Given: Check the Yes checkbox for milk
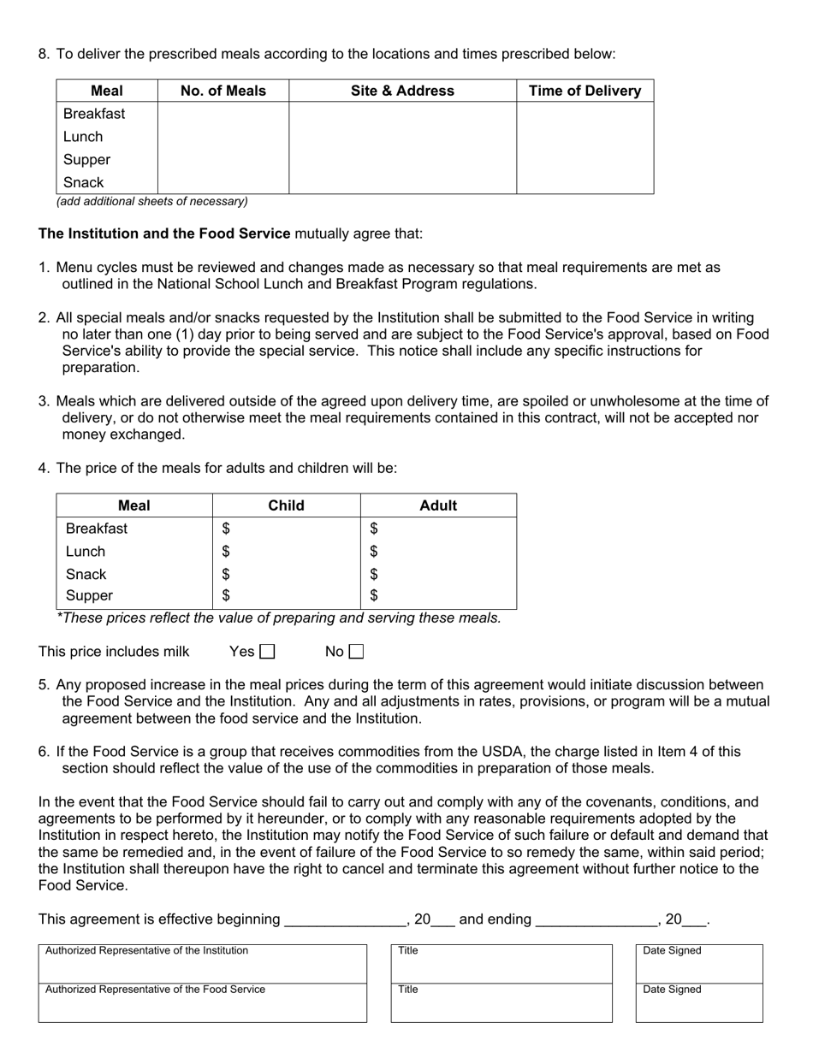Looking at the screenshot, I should click(x=267, y=653).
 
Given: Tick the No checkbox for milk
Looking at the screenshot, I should click(x=356, y=653).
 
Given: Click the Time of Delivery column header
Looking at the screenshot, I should click(x=585, y=91).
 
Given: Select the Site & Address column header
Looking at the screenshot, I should click(x=402, y=91).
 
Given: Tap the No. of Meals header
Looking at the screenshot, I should click(x=223, y=91).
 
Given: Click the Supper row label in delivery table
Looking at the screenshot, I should click(x=86, y=160).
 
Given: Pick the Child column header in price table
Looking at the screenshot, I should click(x=286, y=505).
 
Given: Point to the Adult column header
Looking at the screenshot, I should click(x=438, y=505).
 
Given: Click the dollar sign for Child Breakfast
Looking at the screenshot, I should click(x=226, y=529).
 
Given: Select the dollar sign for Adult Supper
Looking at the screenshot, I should click(x=374, y=596).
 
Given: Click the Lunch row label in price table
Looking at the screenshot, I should click(x=86, y=552).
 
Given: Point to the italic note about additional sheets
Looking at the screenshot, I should click(x=152, y=202).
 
